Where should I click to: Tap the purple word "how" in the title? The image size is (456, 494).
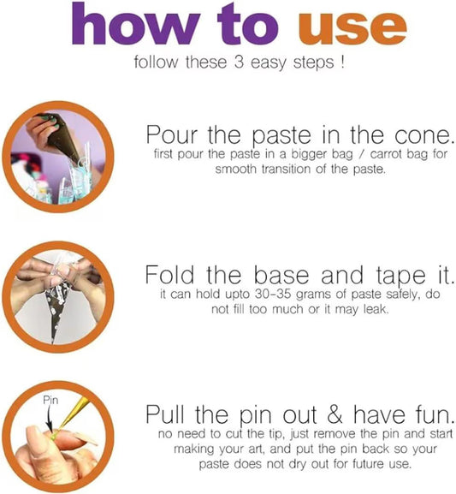pyautogui.click(x=136, y=23)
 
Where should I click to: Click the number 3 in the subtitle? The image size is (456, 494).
pyautogui.click(x=239, y=62)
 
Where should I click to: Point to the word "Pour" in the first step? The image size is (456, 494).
pyautogui.click(x=172, y=134)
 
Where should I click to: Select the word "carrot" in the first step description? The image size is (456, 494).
pyautogui.click(x=386, y=154)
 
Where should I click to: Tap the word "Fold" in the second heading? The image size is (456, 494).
pyautogui.click(x=169, y=275)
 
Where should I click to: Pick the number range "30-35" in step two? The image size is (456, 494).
pyautogui.click(x=273, y=295)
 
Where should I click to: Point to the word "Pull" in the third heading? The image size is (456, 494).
pyautogui.click(x=165, y=414)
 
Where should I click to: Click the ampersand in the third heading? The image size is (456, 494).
pyautogui.click(x=335, y=414)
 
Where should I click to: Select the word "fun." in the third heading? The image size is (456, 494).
pyautogui.click(x=435, y=414)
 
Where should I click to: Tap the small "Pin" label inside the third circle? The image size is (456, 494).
pyautogui.click(x=50, y=400)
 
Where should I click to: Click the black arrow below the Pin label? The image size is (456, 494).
pyautogui.click(x=49, y=419)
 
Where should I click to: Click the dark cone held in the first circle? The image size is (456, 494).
pyautogui.click(x=64, y=136)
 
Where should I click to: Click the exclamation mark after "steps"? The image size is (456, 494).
pyautogui.click(x=342, y=62)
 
